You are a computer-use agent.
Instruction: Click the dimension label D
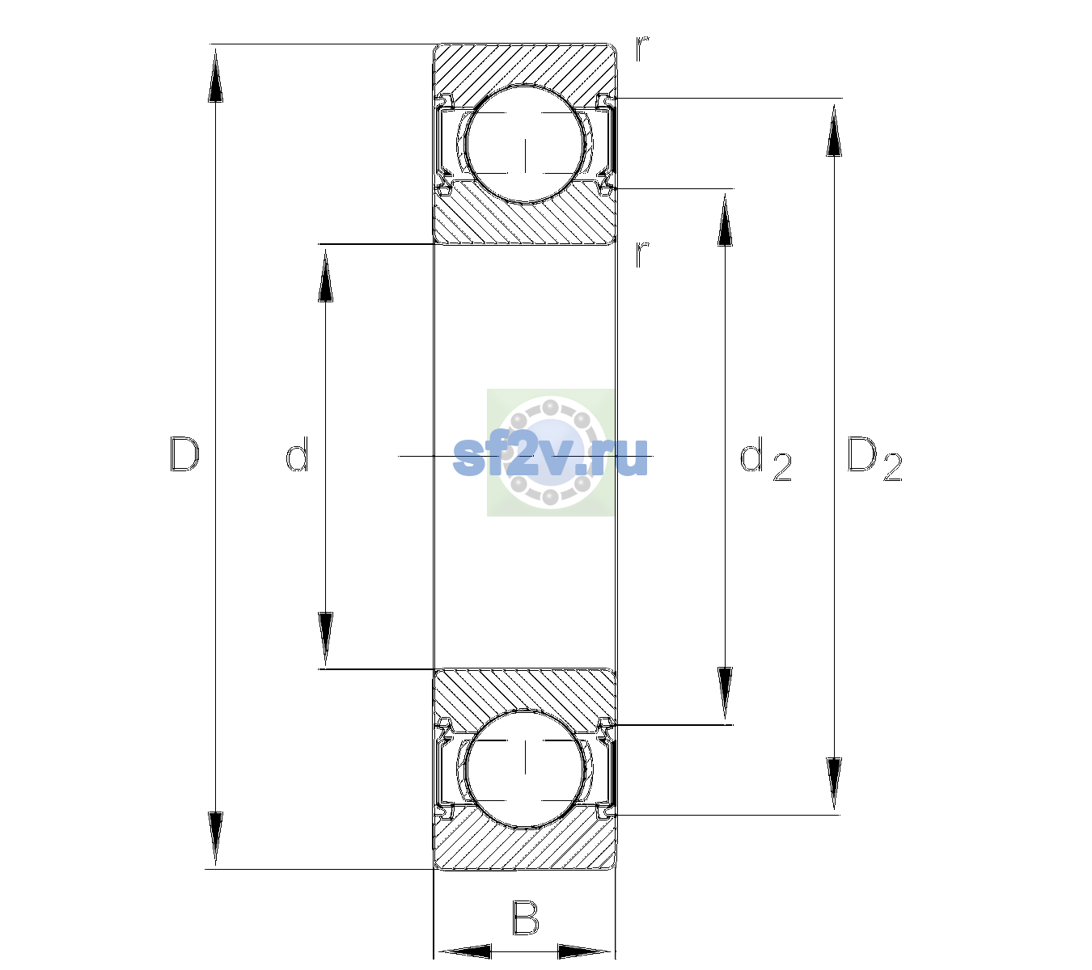click(184, 454)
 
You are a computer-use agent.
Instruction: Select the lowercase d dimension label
click(297, 454)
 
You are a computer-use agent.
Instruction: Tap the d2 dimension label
click(766, 458)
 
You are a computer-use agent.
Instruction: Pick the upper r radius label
click(642, 48)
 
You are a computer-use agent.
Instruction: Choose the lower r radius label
click(642, 254)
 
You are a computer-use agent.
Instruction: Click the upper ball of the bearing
click(525, 144)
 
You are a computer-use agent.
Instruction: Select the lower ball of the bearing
click(525, 768)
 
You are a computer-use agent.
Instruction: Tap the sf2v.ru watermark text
click(550, 456)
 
